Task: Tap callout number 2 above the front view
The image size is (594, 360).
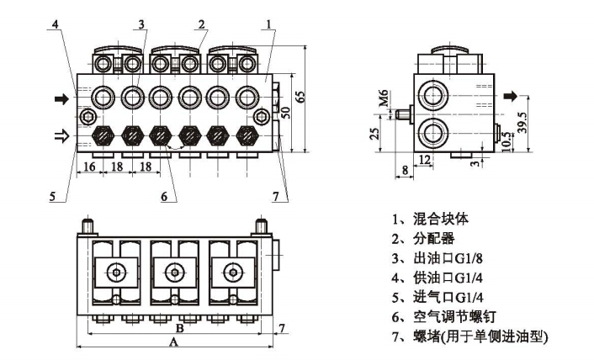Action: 202,24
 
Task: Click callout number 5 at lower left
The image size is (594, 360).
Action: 53,198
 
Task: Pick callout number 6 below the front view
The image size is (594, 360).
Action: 165,198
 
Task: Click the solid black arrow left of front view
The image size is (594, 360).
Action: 61,99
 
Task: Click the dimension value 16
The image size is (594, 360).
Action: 88,167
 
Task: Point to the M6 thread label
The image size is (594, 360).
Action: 384,101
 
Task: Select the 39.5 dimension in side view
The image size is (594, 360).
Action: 522,122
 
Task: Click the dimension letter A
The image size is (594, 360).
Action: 174,342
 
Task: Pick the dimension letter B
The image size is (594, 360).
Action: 178,327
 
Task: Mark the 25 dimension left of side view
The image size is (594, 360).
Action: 376,134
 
